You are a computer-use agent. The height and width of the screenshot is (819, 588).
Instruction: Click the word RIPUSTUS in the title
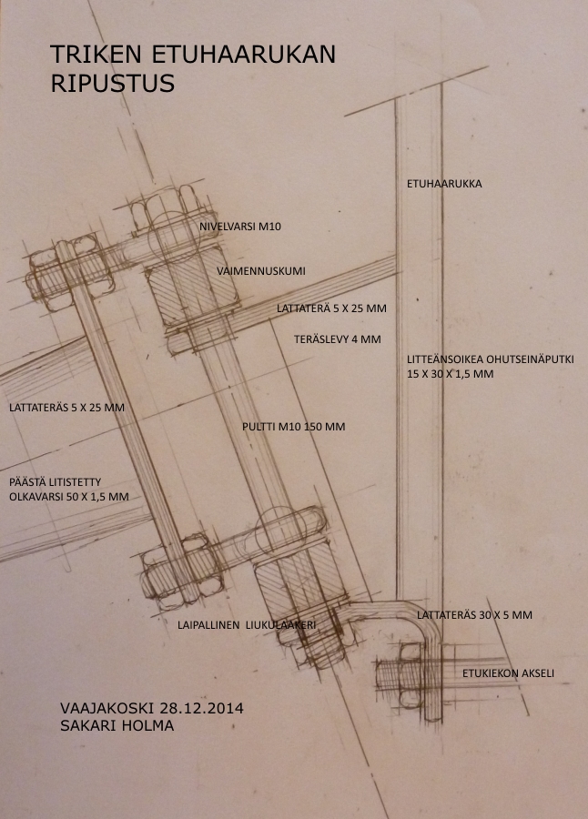[x=112, y=84]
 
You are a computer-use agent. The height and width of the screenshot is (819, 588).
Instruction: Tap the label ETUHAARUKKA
[x=444, y=184]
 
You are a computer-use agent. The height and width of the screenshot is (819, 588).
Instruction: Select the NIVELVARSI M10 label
[x=240, y=227]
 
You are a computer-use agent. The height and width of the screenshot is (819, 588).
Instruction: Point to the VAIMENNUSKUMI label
[x=261, y=271]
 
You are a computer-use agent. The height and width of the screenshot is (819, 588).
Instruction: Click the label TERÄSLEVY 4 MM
[x=337, y=339]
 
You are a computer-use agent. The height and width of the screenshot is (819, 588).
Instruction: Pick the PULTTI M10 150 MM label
[x=294, y=427]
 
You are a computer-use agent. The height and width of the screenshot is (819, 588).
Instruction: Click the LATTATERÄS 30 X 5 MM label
[x=474, y=615]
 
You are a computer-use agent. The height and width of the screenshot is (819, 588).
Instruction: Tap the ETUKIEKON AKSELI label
[x=508, y=673]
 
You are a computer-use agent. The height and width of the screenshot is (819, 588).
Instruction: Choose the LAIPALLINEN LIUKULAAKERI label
[x=247, y=624]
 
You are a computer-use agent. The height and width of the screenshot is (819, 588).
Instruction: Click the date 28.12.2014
[x=202, y=708]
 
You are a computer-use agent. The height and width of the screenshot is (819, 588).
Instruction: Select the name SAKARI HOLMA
[x=117, y=725]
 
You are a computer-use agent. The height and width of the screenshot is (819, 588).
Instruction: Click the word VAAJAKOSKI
[x=107, y=708]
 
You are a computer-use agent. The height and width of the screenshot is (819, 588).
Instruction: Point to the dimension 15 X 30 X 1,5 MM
[x=450, y=374]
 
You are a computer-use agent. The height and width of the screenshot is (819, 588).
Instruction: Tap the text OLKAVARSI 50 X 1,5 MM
[x=69, y=497]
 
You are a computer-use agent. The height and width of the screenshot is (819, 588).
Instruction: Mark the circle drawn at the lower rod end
[x=282, y=531]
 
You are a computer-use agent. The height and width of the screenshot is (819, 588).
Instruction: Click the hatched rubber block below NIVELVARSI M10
[x=192, y=288]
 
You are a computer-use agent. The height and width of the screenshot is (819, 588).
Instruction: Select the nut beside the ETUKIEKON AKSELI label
[x=411, y=675]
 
